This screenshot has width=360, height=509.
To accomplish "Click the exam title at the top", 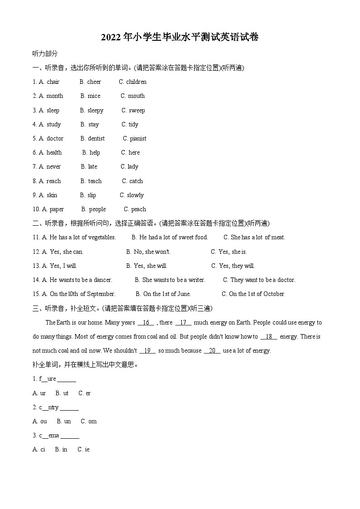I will (x=180, y=38).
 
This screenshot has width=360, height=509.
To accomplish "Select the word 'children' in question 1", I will (x=136, y=82).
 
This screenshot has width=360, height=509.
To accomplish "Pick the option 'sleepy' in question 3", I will (x=95, y=110).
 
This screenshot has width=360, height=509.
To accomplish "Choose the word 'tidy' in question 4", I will (x=133, y=124).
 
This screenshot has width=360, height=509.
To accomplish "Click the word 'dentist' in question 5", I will (x=96, y=138).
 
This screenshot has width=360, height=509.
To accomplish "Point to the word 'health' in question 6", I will (x=54, y=152).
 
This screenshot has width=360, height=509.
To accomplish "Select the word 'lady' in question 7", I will (x=133, y=166).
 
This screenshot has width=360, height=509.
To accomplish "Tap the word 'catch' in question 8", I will (x=136, y=181).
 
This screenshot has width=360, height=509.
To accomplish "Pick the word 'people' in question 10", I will (x=97, y=209).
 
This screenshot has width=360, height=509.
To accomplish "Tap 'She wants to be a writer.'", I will (x=174, y=280).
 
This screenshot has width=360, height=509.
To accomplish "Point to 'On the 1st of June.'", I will (x=167, y=294).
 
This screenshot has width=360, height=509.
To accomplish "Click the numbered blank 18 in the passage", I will (x=269, y=336).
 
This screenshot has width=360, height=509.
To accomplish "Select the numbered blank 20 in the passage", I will (x=212, y=350).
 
